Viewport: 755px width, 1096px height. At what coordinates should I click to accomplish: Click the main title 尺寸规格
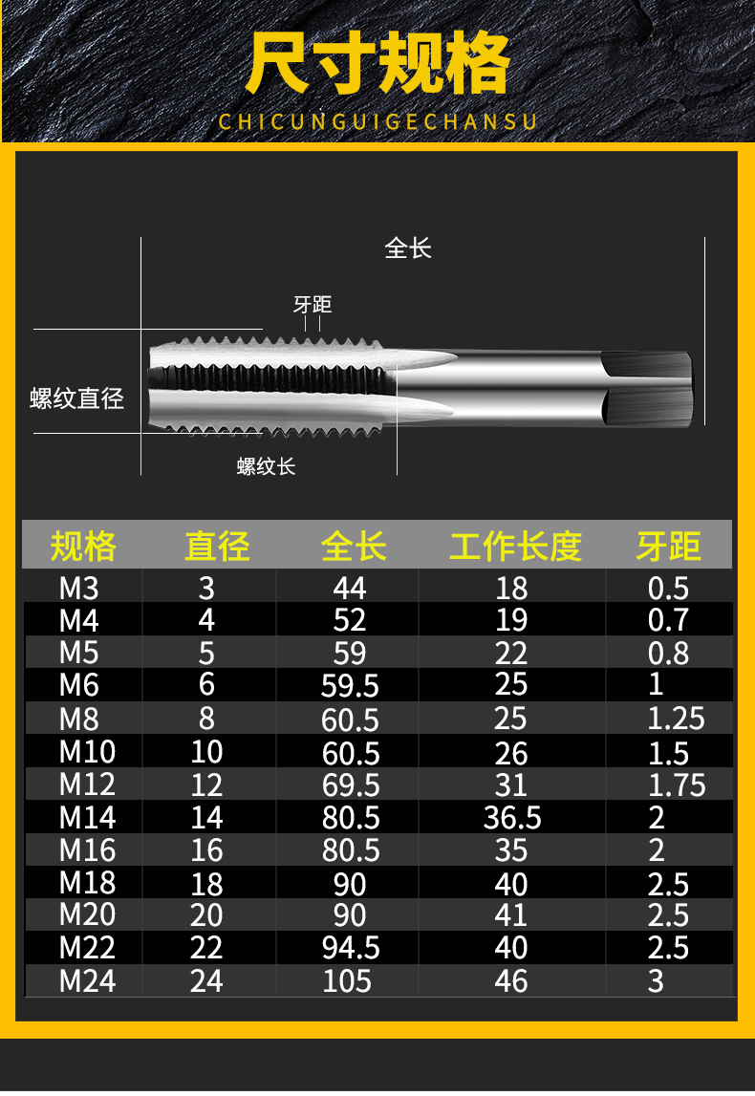(x=377, y=63)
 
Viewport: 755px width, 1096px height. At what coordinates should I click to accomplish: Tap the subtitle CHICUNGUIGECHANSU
(x=377, y=121)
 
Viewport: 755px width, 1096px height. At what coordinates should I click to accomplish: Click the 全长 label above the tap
(x=408, y=248)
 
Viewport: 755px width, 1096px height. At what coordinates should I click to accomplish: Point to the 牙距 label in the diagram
(x=312, y=305)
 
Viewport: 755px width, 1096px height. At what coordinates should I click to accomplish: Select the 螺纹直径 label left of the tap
(x=76, y=398)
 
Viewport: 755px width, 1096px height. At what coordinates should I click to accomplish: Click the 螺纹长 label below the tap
(x=267, y=466)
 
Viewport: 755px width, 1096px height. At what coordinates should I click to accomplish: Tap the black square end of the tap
(x=647, y=389)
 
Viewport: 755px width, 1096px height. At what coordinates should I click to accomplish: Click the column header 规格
(x=83, y=546)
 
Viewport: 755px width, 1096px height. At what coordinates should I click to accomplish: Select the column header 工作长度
(x=515, y=546)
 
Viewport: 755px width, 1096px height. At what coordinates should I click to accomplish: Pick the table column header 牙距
(x=668, y=546)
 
